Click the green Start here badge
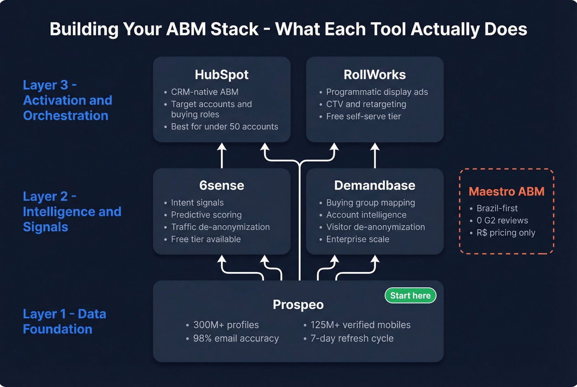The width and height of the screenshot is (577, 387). pyautogui.click(x=410, y=296)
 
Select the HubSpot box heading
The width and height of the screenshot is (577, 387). pyautogui.click(x=222, y=75)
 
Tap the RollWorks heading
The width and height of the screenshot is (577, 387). pyautogui.click(x=375, y=75)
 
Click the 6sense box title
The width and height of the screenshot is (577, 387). pyautogui.click(x=222, y=185)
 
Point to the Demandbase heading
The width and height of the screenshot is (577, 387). pyautogui.click(x=375, y=185)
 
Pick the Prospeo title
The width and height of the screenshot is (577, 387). pyautogui.click(x=298, y=305)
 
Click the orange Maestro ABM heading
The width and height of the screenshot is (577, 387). pyautogui.click(x=507, y=192)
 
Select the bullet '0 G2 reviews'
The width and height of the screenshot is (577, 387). pyautogui.click(x=502, y=220)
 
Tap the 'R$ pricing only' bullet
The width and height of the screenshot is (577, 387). pyautogui.click(x=506, y=233)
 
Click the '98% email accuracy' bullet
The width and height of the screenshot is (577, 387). pyautogui.click(x=236, y=338)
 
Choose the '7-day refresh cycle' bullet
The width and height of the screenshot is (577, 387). pyautogui.click(x=352, y=338)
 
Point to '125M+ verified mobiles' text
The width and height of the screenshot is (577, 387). pyautogui.click(x=360, y=325)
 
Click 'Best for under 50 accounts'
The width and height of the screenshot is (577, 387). pyautogui.click(x=224, y=127)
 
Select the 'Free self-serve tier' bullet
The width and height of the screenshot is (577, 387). pyautogui.click(x=363, y=117)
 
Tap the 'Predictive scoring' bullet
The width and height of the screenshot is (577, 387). pyautogui.click(x=206, y=215)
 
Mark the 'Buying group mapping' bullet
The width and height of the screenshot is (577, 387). pyautogui.click(x=370, y=203)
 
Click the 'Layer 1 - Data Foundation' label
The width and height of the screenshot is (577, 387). pyautogui.click(x=64, y=321)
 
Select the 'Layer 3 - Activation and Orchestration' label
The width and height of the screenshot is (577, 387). pyautogui.click(x=67, y=100)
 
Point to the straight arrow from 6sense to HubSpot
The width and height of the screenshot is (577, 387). pyautogui.click(x=222, y=156)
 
